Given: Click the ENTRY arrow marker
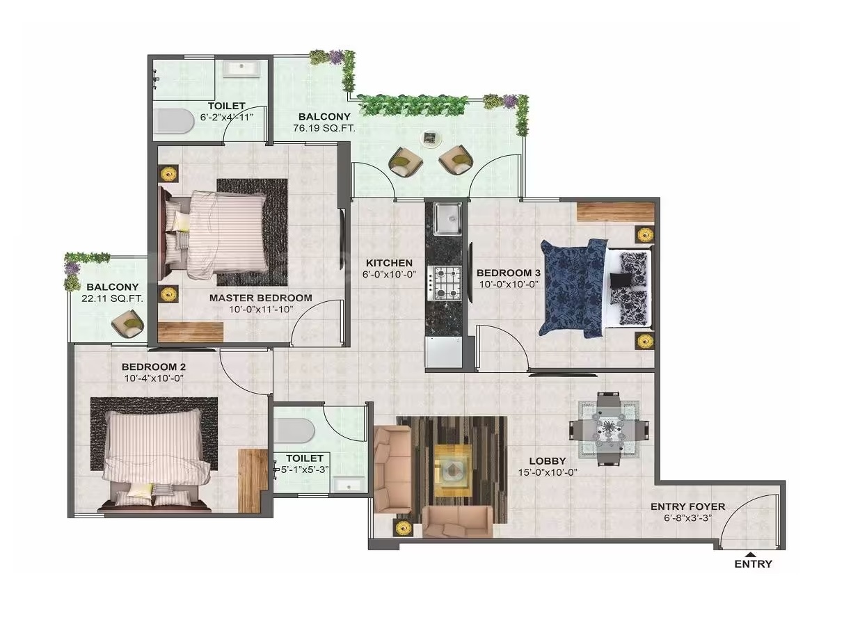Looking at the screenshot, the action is pos(751,554).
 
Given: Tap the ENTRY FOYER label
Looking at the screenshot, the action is pos(687,506).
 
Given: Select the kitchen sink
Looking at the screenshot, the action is pos(447,219).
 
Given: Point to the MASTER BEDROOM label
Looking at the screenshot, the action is pos(261,298).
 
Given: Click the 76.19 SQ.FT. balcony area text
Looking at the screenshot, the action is pos(324,128).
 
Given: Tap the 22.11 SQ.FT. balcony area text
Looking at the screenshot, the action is pos(112,298).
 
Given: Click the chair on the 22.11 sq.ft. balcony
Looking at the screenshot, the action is pos(128,323).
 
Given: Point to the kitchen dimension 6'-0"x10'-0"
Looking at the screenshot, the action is pos(389,274).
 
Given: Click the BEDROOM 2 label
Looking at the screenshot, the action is pos(153,367).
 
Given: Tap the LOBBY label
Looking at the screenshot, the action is pos(548,461).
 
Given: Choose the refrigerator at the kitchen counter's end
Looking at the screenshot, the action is pos(443,352).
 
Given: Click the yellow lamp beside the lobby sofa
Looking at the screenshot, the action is pos(404,528).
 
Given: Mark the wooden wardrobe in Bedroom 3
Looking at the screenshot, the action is pos(616,211).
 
